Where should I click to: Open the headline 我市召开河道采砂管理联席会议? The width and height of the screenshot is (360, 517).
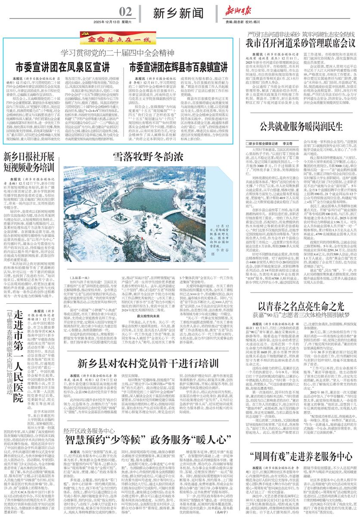(301, 43)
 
